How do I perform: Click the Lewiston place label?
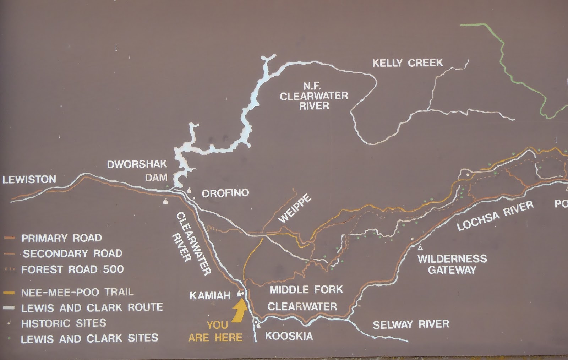[x=29, y=179]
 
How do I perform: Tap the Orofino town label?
[x=225, y=193]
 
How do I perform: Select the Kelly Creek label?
[x=408, y=63]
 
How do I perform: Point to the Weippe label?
[x=295, y=208]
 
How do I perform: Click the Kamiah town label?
[x=210, y=295]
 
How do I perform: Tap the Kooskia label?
[x=289, y=336]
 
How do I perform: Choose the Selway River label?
[x=411, y=324]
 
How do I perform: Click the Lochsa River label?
[x=495, y=215]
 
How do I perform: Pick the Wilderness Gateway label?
[x=452, y=264]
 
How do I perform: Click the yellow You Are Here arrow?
[x=240, y=310]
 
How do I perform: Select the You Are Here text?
[x=215, y=331]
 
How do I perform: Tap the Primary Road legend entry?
[x=61, y=238]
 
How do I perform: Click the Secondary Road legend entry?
[x=72, y=253]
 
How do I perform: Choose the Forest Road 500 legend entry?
[x=72, y=269]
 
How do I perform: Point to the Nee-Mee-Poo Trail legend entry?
[x=77, y=292]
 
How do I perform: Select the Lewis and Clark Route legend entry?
[x=92, y=307]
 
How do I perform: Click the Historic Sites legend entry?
[x=63, y=323]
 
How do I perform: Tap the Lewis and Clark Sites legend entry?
[x=89, y=338]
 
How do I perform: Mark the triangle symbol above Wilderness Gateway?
[x=420, y=247]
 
